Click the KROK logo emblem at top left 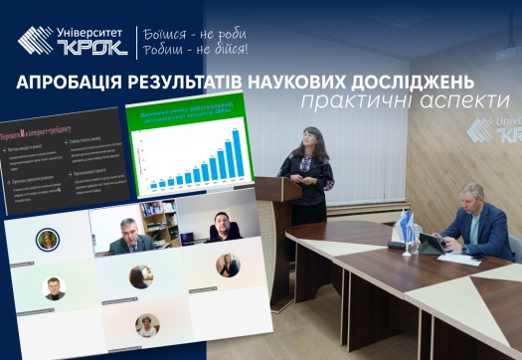(36, 41)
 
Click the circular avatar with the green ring (47, 240)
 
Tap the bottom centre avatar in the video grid (146, 325)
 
